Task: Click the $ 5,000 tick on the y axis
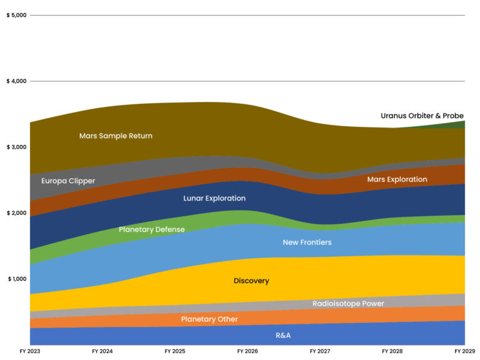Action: pyautogui.click(x=16, y=15)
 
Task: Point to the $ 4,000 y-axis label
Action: pyautogui.click(x=16, y=81)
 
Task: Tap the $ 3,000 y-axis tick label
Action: pyautogui.click(x=16, y=147)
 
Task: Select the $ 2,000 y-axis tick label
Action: pyautogui.click(x=16, y=213)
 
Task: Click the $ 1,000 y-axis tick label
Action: pyautogui.click(x=16, y=279)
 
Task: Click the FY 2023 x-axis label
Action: pyautogui.click(x=29, y=352)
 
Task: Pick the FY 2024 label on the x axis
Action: pyautogui.click(x=102, y=352)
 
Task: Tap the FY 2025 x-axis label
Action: pyautogui.click(x=175, y=352)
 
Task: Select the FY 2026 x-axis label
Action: pyautogui.click(x=247, y=352)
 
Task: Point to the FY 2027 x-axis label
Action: pyautogui.click(x=320, y=352)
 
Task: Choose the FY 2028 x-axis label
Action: pyautogui.click(x=392, y=352)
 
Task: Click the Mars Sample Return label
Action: pyautogui.click(x=116, y=136)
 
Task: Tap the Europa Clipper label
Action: pyautogui.click(x=68, y=181)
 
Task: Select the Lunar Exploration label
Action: pyautogui.click(x=214, y=198)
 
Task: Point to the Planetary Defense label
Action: pyautogui.click(x=152, y=229)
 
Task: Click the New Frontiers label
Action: pyautogui.click(x=307, y=242)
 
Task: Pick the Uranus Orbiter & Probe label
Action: pyautogui.click(x=422, y=116)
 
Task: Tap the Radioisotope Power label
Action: pyautogui.click(x=348, y=304)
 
